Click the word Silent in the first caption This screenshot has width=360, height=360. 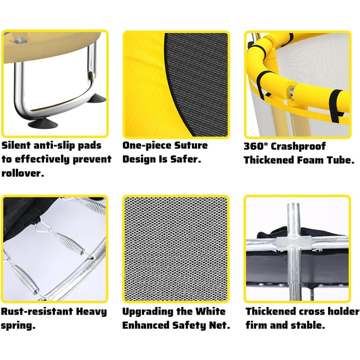(x=16, y=146)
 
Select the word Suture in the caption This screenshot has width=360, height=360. (x=191, y=146)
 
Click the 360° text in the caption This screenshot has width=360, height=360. (x=256, y=146)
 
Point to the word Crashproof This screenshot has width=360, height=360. (x=298, y=147)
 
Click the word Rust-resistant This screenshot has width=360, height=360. (x=37, y=312)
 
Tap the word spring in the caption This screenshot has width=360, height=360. (x=17, y=326)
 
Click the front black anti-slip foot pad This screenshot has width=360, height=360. (x=43, y=124)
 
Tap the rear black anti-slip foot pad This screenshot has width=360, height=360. (x=97, y=99)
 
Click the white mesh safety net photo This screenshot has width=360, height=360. (x=176, y=249)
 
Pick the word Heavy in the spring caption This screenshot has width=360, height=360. (x=92, y=312)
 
